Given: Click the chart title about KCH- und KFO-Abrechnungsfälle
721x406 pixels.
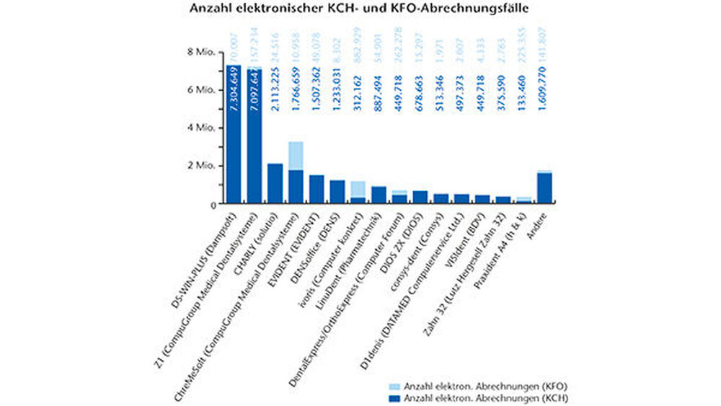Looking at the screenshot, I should [359, 9].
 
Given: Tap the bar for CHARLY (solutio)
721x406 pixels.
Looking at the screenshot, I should [275, 184].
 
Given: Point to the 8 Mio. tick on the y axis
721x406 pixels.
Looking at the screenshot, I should [200, 52].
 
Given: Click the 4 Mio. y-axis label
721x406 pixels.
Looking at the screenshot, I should [200, 128].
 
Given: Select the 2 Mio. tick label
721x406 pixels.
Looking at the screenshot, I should [200, 166].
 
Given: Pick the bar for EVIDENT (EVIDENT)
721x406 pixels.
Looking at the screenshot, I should [317, 190].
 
